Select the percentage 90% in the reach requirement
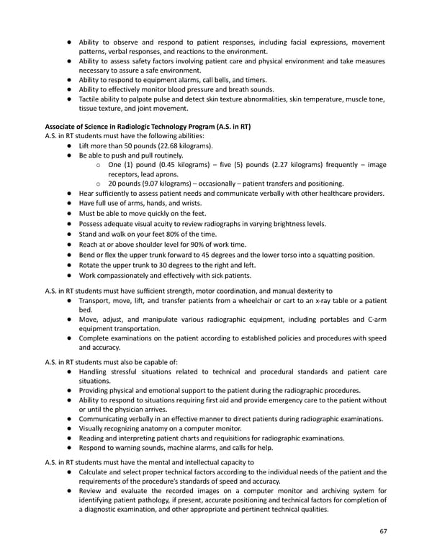point(199,244)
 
